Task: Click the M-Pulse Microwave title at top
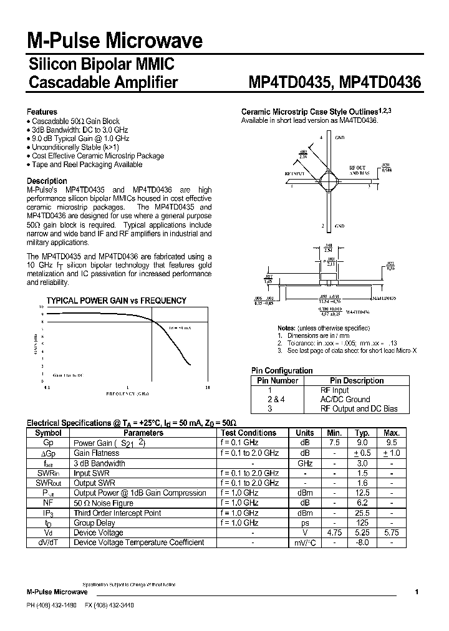point(115,41)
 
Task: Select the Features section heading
point(42,112)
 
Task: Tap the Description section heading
point(47,181)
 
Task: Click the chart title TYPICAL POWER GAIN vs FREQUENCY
point(117,301)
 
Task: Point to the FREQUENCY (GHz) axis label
point(128,395)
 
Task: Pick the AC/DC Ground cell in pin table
point(345,399)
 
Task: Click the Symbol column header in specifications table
point(48,433)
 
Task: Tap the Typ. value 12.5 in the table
point(363,493)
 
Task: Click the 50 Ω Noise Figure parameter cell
point(104,503)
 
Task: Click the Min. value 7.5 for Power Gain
point(334,443)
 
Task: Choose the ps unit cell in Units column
point(305,523)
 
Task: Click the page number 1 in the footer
point(417,591)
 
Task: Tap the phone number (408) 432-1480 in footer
point(58,605)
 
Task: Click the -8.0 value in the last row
point(363,542)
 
